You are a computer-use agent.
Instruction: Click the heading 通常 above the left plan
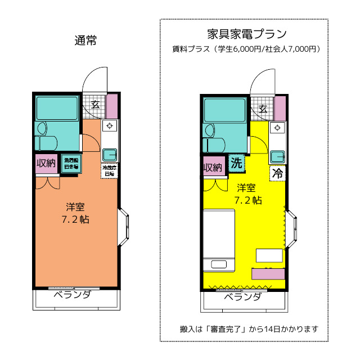(85, 40)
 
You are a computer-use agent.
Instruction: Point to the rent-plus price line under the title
(246, 49)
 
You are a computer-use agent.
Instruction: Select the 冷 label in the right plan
(277, 173)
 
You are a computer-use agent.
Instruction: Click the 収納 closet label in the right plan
(213, 168)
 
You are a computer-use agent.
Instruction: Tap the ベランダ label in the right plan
(242, 297)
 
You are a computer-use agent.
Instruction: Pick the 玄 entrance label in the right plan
(262, 108)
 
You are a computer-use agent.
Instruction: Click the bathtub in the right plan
(224, 110)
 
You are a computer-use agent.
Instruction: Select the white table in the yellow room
(269, 255)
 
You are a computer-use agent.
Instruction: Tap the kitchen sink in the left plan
(110, 153)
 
